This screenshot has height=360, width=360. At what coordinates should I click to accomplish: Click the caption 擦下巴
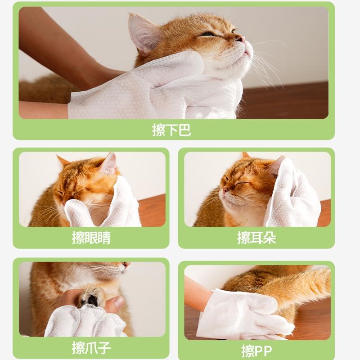[171, 130]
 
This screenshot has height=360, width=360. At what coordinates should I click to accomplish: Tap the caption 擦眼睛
[91, 238]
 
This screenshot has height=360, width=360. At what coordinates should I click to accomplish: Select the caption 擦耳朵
[256, 238]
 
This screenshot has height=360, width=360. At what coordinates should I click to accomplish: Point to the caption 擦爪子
[91, 348]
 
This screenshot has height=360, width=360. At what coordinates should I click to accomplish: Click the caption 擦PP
[256, 351]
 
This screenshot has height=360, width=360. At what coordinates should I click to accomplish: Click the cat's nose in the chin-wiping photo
[239, 38]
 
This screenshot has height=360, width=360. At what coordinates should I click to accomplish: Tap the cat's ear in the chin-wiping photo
[142, 32]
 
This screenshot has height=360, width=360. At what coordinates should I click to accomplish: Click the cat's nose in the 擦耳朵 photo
[226, 189]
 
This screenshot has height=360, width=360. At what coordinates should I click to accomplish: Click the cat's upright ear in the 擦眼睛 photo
[110, 163]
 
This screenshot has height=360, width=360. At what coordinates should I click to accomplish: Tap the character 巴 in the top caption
[184, 130]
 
